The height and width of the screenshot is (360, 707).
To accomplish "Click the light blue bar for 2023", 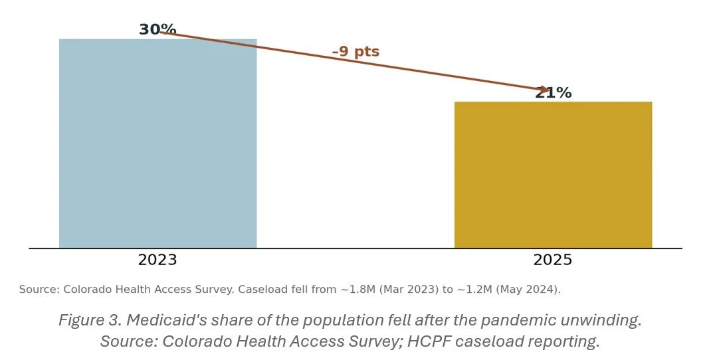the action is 158,143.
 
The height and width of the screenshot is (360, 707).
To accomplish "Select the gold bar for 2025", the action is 554,175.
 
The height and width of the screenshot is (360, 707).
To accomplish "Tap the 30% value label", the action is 157,29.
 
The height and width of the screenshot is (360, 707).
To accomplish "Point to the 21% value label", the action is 554,93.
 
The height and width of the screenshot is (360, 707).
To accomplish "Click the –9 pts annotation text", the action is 355,51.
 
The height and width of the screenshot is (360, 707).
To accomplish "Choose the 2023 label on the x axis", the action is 157,260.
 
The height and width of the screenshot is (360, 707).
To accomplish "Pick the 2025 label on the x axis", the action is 553,260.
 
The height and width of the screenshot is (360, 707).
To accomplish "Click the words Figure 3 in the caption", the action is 90,320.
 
